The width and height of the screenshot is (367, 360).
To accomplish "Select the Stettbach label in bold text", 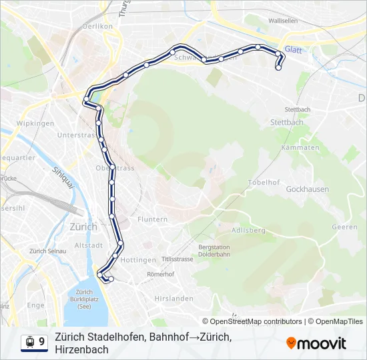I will tap(287, 123).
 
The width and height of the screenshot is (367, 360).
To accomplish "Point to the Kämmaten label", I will tap(300, 147).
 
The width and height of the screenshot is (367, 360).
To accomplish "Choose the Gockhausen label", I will tap(307, 189).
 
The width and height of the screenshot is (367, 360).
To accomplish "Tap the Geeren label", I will tap(344, 227).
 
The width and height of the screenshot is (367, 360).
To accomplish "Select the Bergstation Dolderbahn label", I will tap(214, 251).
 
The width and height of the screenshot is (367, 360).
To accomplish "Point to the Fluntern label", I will tap(152, 219).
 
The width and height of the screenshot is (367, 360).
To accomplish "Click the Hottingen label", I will tap(138, 260).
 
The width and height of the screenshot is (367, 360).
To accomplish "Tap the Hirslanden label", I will tap(172, 298).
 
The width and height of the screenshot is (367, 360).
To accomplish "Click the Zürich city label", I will tap(83, 227).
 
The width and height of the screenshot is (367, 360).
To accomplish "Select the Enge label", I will tap(36, 305).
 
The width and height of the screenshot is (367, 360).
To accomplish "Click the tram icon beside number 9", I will tap(29, 342).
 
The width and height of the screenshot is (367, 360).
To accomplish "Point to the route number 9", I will tap(42, 342).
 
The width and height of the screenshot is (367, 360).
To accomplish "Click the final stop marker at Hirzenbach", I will tap(278, 67).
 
